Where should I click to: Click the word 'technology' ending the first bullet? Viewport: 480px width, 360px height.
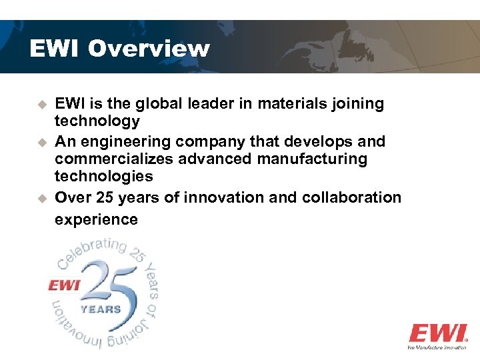point(97,121)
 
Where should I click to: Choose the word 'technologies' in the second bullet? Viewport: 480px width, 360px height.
point(104,177)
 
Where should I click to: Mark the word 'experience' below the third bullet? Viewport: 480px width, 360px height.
point(96,219)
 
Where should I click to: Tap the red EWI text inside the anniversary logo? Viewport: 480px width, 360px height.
point(64,285)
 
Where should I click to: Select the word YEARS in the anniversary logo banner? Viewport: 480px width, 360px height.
point(101,309)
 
